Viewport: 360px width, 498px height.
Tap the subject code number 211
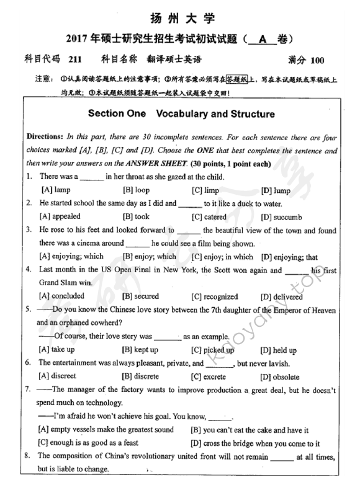click(x=73, y=60)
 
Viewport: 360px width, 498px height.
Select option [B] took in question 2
click(x=136, y=217)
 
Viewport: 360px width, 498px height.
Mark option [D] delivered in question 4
click(x=282, y=296)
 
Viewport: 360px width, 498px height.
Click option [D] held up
click(x=279, y=350)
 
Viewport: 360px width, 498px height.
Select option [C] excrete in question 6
click(x=214, y=376)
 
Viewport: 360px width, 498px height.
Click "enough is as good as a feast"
click(x=96, y=443)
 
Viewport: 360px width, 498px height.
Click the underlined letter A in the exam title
click(x=263, y=38)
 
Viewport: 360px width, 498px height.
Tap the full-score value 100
click(x=315, y=60)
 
